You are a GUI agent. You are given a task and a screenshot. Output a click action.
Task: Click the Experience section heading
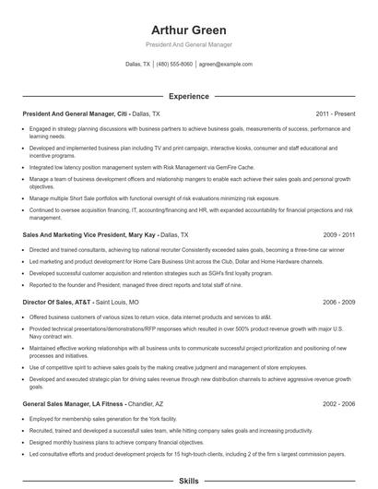188,96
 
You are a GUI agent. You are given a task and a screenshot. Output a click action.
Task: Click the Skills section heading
188,482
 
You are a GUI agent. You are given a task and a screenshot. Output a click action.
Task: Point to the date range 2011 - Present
335,113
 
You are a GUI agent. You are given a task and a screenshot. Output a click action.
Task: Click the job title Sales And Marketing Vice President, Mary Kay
89,235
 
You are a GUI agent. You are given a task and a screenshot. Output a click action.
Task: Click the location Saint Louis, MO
118,302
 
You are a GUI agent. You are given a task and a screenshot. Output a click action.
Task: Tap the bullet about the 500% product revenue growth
184,331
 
